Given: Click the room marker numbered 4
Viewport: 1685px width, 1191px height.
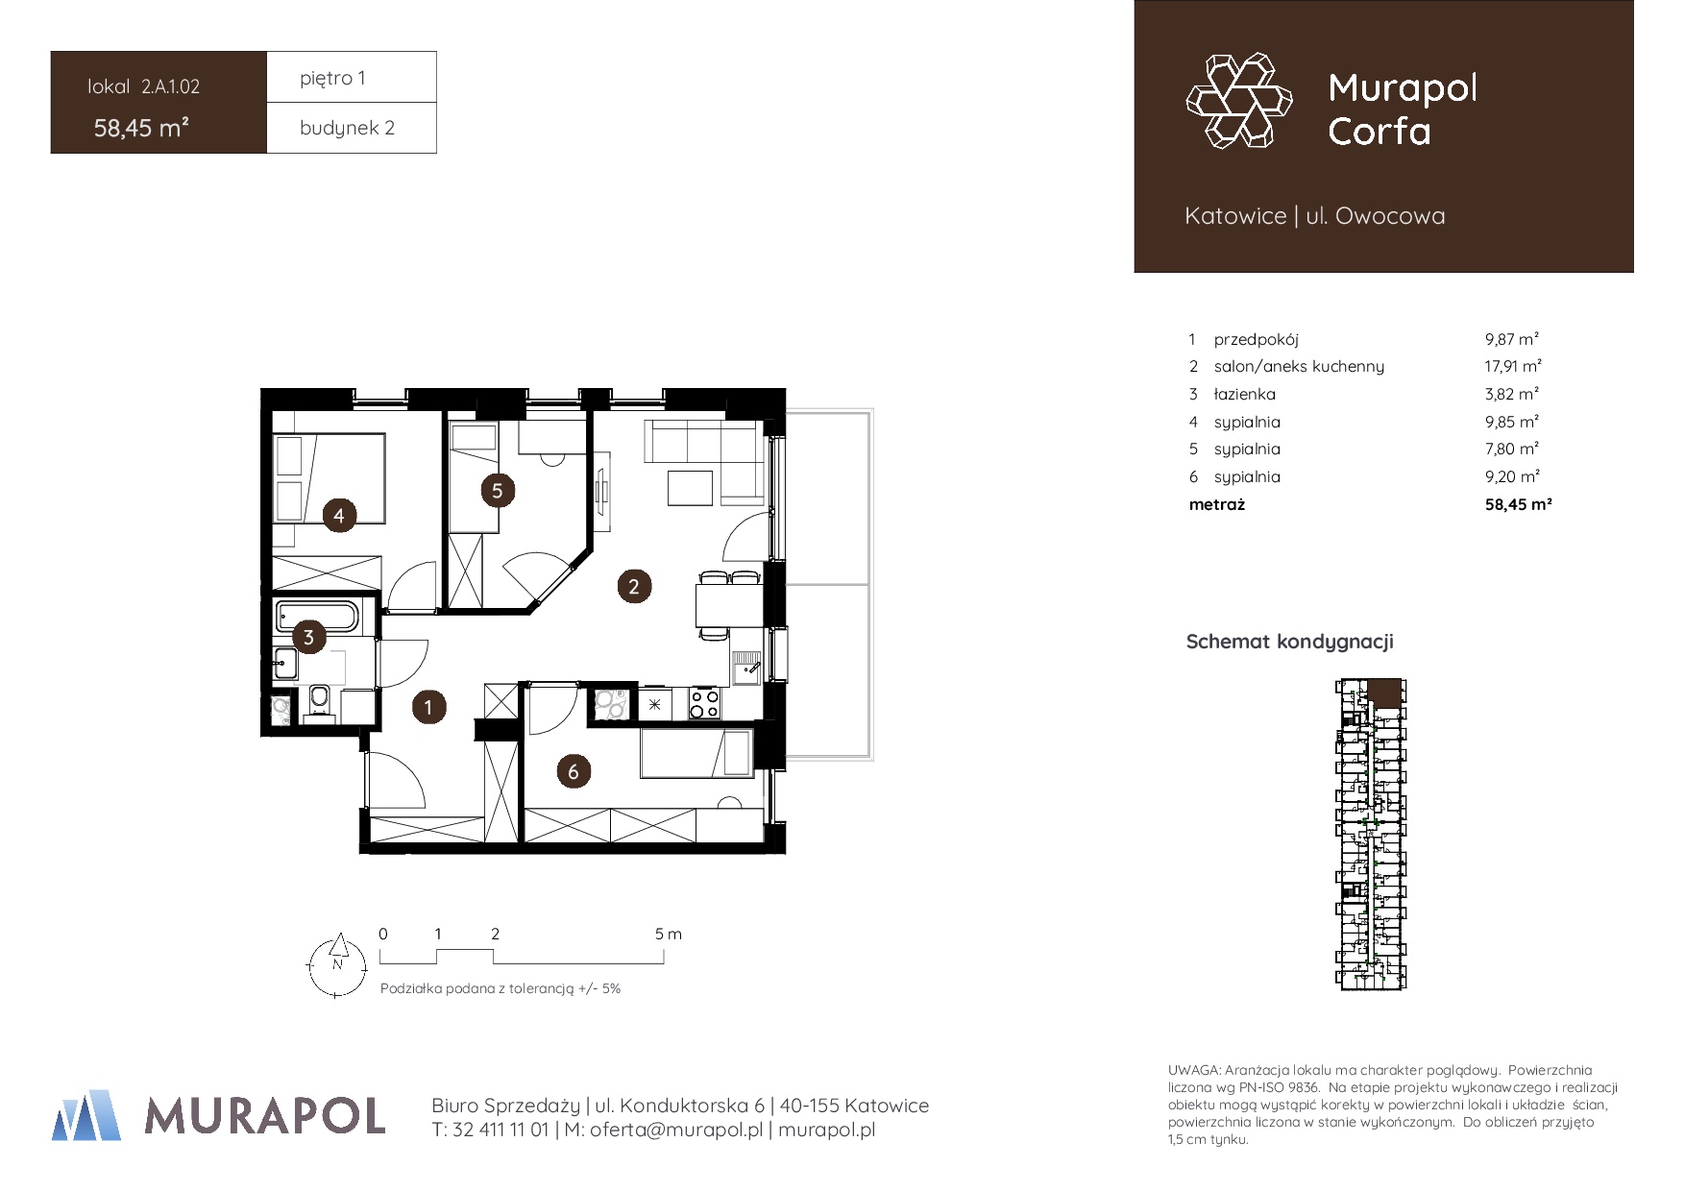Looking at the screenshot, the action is [339, 516].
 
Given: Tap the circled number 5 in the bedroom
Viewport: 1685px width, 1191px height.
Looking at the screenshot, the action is [497, 491].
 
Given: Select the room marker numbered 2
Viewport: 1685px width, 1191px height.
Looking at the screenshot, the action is [633, 586].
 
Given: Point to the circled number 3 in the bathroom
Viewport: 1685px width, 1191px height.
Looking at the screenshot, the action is [308, 637].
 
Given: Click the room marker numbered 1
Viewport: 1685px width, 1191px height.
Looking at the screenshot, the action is [428, 708].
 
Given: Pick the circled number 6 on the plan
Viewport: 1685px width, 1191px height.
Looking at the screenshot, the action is [574, 770].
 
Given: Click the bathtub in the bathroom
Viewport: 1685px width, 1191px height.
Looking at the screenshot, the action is [317, 616].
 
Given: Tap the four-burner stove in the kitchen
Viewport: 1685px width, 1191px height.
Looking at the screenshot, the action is [704, 703].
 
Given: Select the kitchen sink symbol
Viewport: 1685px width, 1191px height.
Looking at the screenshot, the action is [746, 667].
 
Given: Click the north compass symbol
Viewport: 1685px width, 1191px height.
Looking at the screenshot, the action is [337, 965].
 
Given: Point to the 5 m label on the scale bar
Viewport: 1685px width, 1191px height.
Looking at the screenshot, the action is [669, 934].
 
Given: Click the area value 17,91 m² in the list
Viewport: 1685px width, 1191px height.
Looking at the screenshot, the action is [1513, 366].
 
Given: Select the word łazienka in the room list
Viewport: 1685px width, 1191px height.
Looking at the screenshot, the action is [1245, 394].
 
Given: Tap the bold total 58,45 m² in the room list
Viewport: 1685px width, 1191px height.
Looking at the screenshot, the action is [1519, 504].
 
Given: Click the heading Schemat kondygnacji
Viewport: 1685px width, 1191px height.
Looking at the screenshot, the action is [1290, 642].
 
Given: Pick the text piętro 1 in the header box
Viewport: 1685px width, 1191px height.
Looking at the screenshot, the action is [332, 78].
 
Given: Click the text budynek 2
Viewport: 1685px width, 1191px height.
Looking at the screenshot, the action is [347, 128].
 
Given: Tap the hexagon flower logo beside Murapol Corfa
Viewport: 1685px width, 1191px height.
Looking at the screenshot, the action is [1239, 101].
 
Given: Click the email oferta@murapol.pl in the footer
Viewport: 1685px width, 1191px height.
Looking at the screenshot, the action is [676, 1130].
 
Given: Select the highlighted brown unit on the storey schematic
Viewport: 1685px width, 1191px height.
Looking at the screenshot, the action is [1384, 693].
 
